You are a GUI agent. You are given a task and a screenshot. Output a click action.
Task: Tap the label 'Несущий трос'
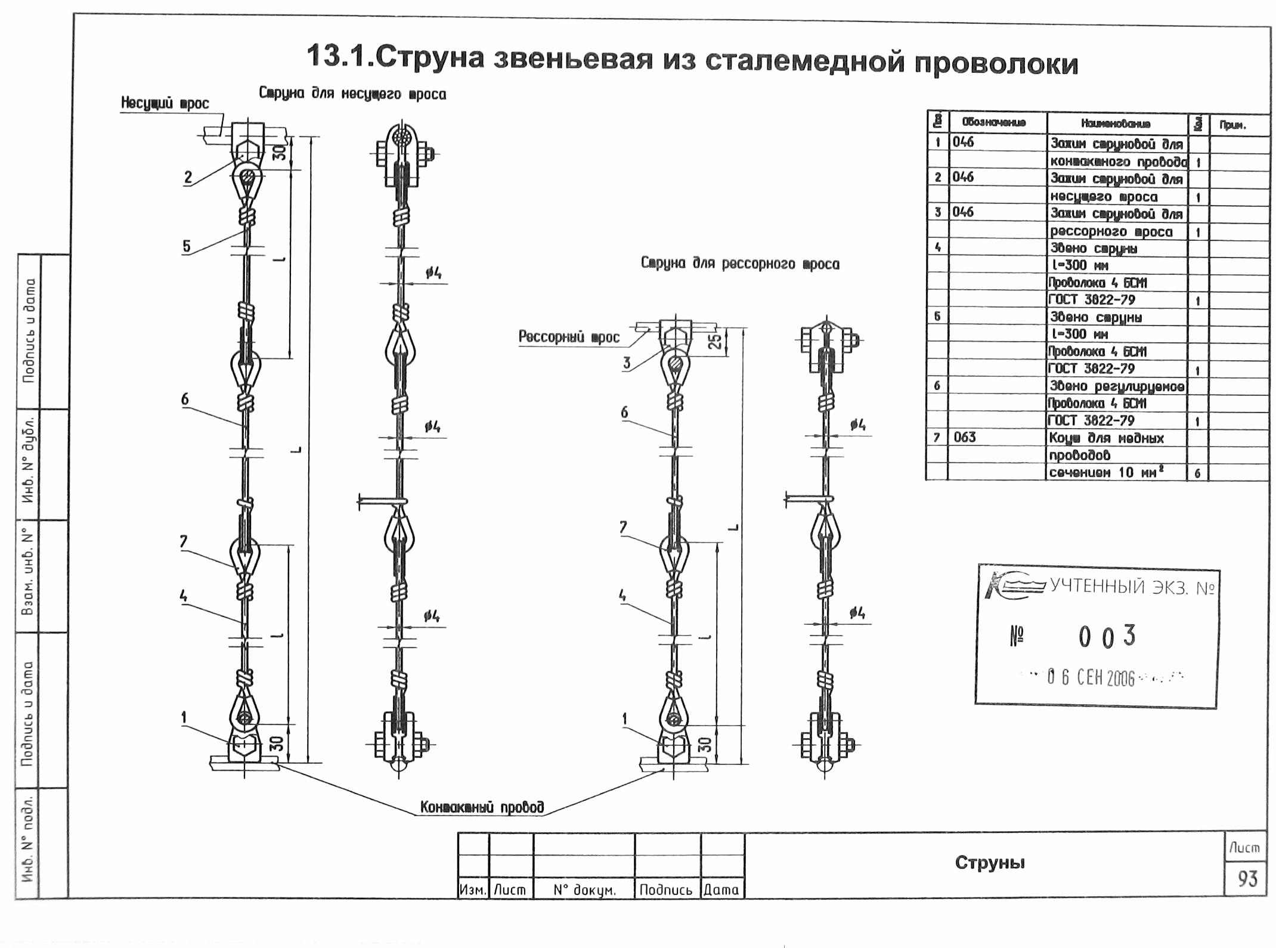(165, 104)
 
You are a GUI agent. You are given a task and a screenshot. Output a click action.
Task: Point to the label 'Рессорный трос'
(569, 337)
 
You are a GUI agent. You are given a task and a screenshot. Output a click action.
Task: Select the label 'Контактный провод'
(482, 807)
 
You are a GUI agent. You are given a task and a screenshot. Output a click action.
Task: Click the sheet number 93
(1247, 878)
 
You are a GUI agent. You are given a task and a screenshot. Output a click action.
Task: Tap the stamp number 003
(1107, 637)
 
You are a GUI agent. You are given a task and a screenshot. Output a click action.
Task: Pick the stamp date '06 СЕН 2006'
(1091, 678)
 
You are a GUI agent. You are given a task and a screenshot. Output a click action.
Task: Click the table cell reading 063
(965, 438)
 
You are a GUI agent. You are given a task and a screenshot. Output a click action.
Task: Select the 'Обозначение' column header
(997, 123)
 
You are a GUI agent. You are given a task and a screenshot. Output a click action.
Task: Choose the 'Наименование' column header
(1116, 124)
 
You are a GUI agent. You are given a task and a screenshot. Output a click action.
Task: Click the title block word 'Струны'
(990, 863)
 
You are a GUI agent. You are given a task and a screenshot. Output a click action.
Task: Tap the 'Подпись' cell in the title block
(665, 890)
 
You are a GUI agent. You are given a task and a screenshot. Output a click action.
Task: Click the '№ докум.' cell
(584, 890)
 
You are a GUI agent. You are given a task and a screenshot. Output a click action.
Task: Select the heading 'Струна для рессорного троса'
(739, 264)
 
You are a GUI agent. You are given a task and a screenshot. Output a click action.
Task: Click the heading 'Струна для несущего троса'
(352, 94)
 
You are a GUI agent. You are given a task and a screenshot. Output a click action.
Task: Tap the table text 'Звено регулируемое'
(1117, 386)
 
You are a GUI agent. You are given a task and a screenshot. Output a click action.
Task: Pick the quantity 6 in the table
(1197, 473)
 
